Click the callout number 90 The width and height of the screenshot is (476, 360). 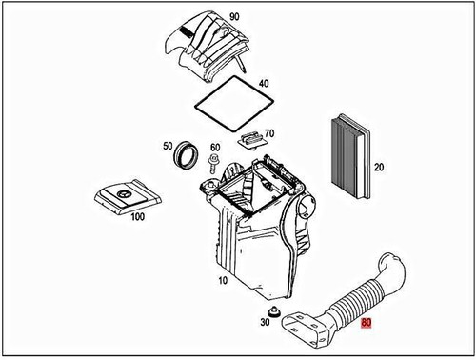[234, 19]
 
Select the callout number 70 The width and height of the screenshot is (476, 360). [269, 134]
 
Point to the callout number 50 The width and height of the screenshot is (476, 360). [168, 146]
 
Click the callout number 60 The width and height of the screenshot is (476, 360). [214, 147]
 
